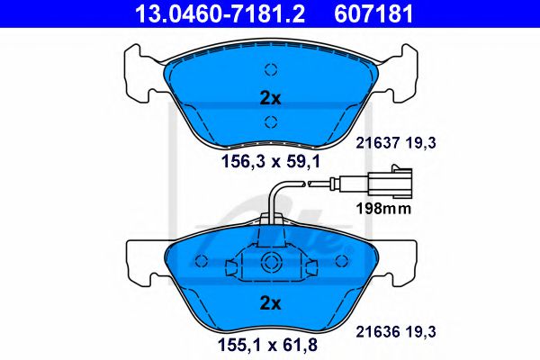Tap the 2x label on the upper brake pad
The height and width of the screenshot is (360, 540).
tap(269, 96)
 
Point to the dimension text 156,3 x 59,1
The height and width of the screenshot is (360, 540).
tap(269, 163)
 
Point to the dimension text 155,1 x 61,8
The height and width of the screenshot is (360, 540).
tap(269, 342)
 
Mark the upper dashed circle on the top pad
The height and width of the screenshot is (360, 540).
tap(270, 70)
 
